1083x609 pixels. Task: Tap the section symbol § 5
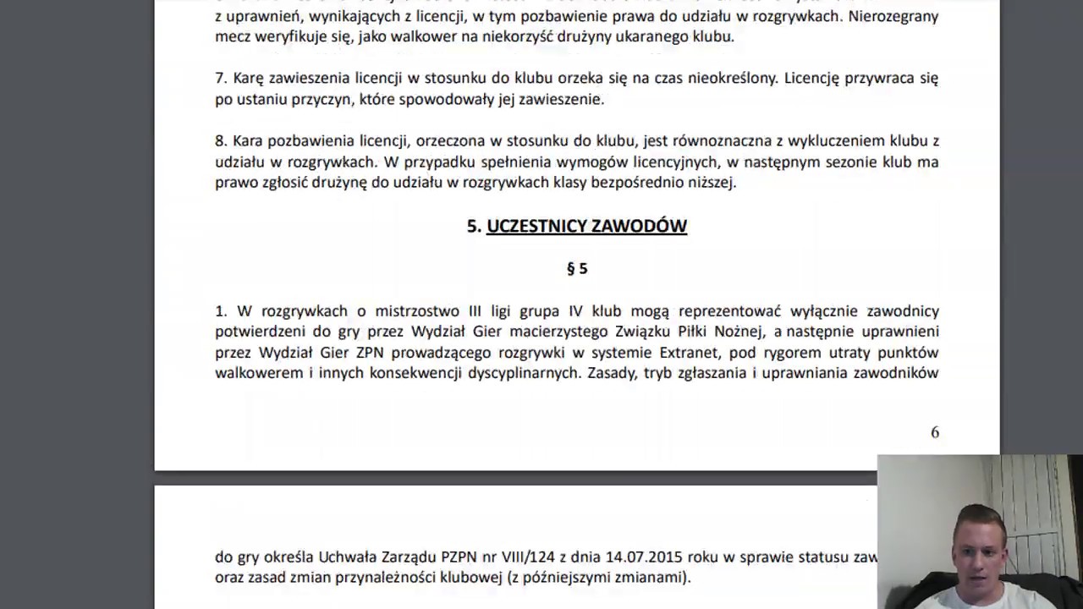click(577, 269)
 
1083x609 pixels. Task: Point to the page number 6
click(935, 432)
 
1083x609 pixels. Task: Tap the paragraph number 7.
click(220, 79)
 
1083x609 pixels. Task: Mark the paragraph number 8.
click(220, 141)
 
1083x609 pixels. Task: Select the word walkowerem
click(259, 373)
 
